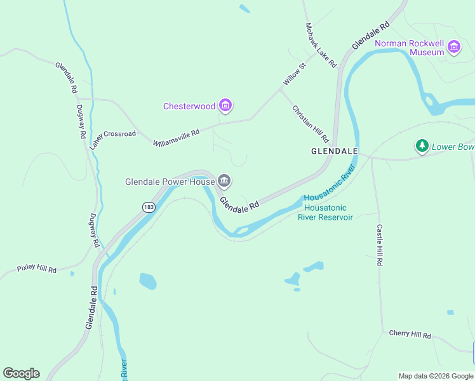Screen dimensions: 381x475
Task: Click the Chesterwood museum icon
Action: tap(225, 105)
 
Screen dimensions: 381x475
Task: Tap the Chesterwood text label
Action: tap(189, 106)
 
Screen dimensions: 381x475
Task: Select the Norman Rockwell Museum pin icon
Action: tap(454, 47)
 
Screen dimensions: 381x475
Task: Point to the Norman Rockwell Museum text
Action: tap(410, 48)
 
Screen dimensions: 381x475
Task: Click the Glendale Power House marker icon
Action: tap(224, 182)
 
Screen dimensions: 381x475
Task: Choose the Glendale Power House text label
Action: tap(170, 182)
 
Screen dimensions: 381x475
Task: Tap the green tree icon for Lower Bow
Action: tap(422, 147)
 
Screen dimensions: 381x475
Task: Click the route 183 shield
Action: tap(149, 207)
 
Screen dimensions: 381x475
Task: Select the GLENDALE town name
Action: tap(335, 152)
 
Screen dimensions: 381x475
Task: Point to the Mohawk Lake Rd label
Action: tap(321, 46)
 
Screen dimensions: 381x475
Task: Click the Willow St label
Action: tap(295, 74)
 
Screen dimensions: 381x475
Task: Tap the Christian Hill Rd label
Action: tap(311, 123)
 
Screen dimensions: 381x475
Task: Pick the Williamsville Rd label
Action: tap(177, 137)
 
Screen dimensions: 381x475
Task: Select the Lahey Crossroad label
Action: tap(112, 140)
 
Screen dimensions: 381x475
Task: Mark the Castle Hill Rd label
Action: tap(380, 244)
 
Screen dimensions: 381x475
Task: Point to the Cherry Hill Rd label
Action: tap(410, 335)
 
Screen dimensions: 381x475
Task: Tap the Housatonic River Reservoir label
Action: tap(325, 212)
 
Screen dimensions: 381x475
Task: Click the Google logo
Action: tap(21, 373)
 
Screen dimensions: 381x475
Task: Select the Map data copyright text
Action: tap(435, 376)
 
